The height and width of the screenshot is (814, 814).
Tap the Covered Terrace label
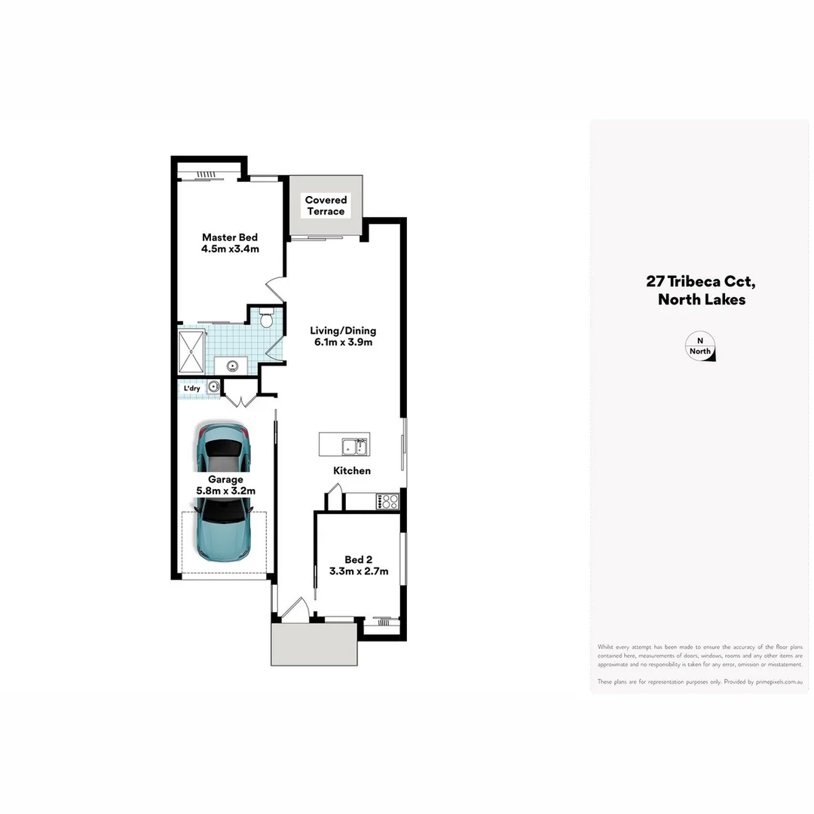point(326,205)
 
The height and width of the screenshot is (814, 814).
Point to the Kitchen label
point(352,471)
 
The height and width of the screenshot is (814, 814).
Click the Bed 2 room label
point(359,565)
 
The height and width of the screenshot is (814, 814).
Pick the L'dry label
point(192,388)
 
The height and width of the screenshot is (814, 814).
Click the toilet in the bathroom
point(265,320)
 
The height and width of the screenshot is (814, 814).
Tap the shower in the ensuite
point(191,350)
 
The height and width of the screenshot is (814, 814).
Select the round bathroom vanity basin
point(232,366)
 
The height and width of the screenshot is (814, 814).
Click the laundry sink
point(213,387)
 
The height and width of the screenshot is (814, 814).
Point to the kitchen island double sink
point(354,447)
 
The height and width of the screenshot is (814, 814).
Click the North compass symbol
point(699,347)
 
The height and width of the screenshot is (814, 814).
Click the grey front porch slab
point(314,644)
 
